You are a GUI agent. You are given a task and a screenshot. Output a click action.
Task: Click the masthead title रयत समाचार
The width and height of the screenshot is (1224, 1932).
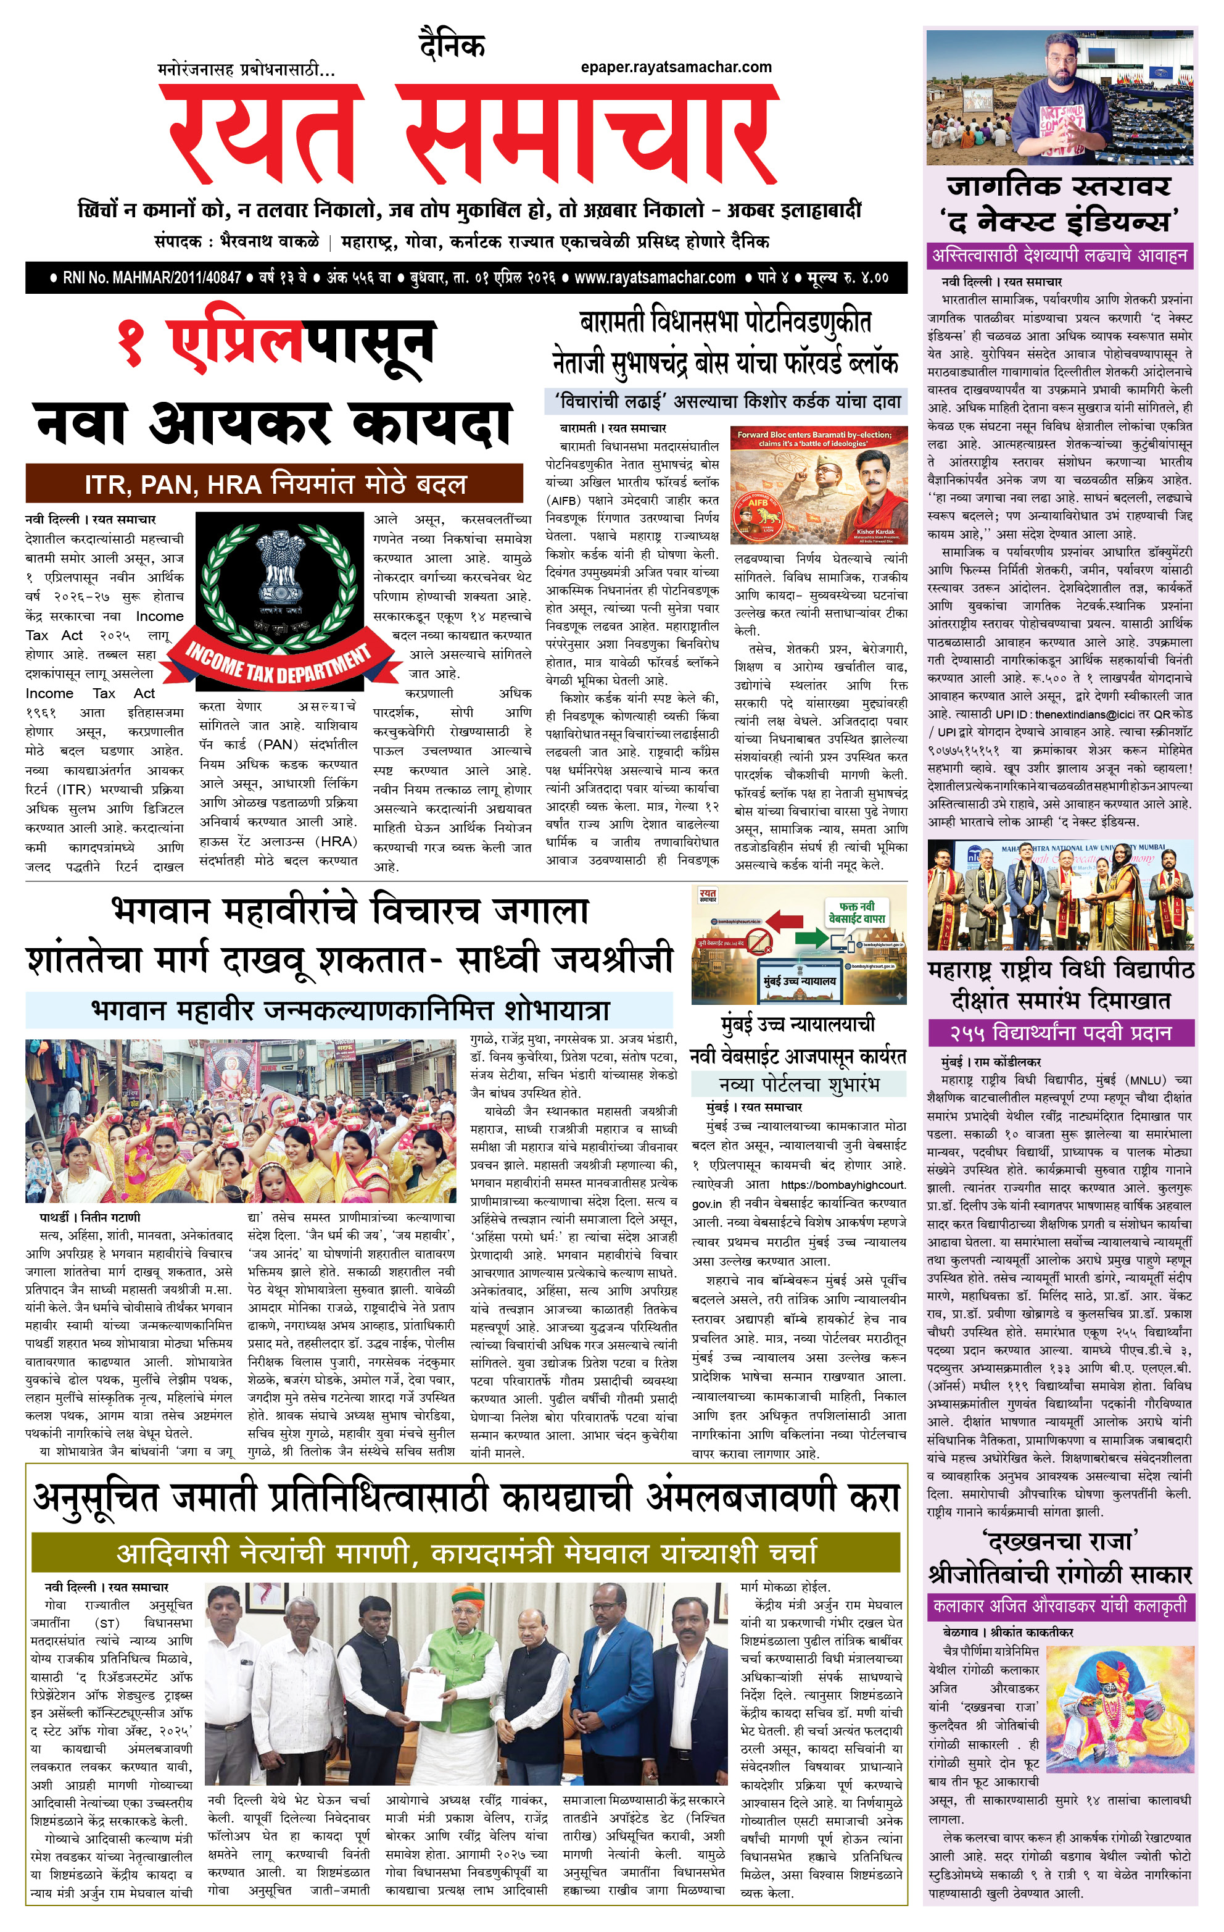(x=473, y=132)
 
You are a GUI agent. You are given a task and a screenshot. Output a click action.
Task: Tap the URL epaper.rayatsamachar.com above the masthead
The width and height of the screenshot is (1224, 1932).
(x=676, y=67)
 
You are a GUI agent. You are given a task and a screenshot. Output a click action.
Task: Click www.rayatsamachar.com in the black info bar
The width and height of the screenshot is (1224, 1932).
(x=655, y=278)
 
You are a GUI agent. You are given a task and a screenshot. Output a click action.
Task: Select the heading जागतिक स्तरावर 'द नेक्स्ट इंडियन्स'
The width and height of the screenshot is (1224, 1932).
(x=1059, y=203)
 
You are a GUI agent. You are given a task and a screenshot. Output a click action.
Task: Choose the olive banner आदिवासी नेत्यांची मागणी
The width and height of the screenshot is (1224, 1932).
(x=466, y=1552)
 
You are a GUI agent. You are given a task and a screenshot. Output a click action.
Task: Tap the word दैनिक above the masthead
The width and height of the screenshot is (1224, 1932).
(x=452, y=46)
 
